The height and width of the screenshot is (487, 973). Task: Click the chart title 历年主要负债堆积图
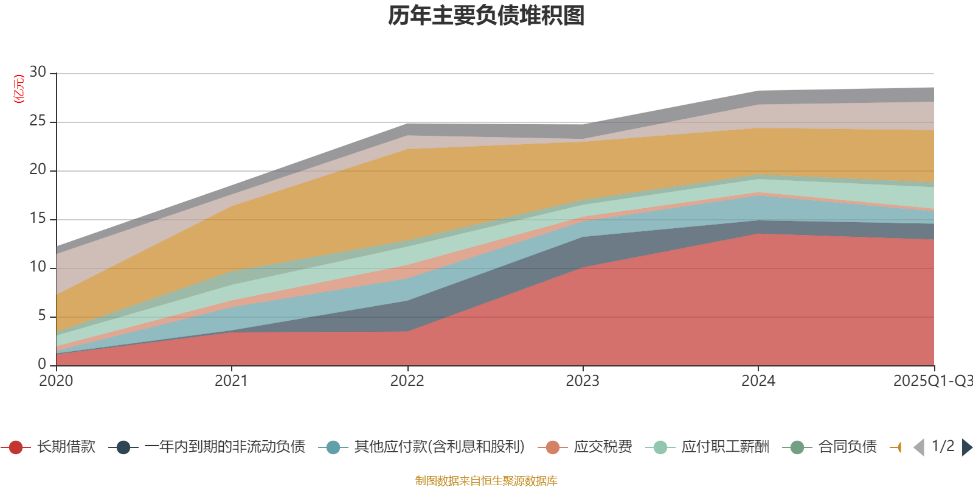[486, 16]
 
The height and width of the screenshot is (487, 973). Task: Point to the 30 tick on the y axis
[38, 72]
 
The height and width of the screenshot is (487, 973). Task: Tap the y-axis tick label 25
[38, 121]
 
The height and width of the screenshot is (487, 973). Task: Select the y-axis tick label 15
[38, 219]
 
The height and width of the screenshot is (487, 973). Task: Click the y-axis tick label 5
[41, 316]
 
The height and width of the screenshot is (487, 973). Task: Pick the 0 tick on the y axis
[41, 364]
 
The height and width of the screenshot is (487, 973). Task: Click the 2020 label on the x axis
[56, 381]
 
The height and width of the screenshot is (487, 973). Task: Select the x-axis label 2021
[231, 381]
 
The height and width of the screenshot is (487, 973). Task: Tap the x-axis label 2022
[407, 381]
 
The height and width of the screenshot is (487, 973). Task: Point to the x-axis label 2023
[583, 381]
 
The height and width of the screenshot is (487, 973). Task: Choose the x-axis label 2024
[758, 381]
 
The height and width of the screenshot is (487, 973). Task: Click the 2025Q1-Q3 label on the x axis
[932, 381]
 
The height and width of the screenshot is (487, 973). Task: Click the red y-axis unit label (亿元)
[19, 89]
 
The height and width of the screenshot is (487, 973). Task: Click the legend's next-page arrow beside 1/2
[966, 447]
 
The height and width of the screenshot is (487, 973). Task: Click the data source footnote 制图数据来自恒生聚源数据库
[486, 481]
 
